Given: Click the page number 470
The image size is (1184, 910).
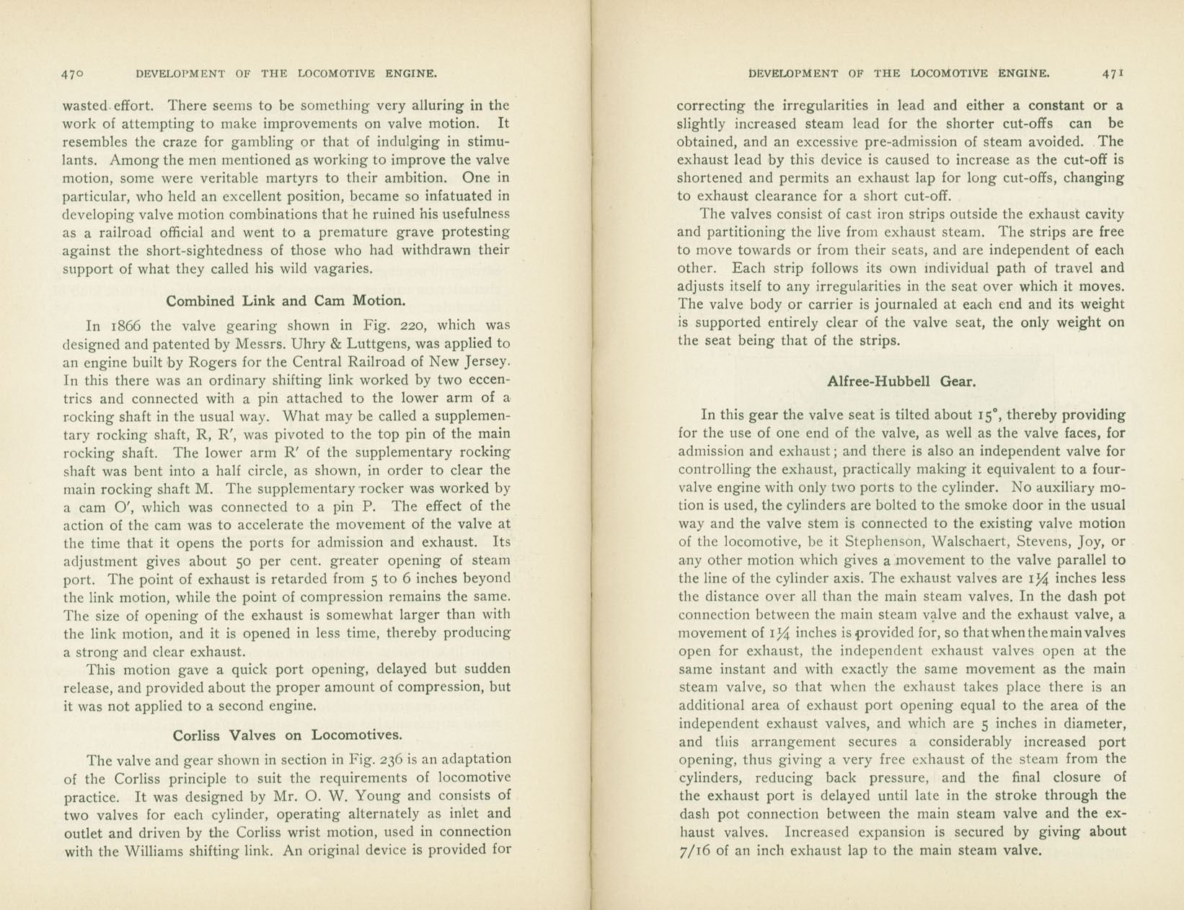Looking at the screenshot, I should point(73,74).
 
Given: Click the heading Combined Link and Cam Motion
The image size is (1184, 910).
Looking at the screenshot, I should point(286,301).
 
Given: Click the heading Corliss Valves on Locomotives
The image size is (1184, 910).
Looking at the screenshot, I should point(287,735).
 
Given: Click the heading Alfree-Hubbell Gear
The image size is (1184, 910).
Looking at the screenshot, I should point(901,381).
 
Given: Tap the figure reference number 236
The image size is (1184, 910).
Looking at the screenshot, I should point(394,759).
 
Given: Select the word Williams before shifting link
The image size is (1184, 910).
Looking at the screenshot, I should point(157,850).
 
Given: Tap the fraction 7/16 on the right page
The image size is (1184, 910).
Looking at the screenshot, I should point(697,851).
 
